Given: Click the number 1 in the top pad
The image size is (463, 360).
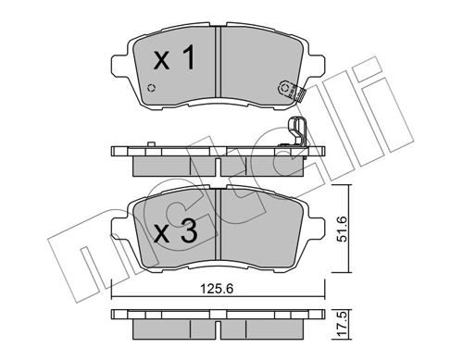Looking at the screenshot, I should (x=187, y=61).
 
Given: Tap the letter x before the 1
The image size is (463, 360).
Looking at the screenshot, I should (x=161, y=64).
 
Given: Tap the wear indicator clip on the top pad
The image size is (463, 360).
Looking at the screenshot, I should (x=288, y=89).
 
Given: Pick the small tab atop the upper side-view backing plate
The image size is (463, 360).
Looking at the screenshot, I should (x=149, y=143).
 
